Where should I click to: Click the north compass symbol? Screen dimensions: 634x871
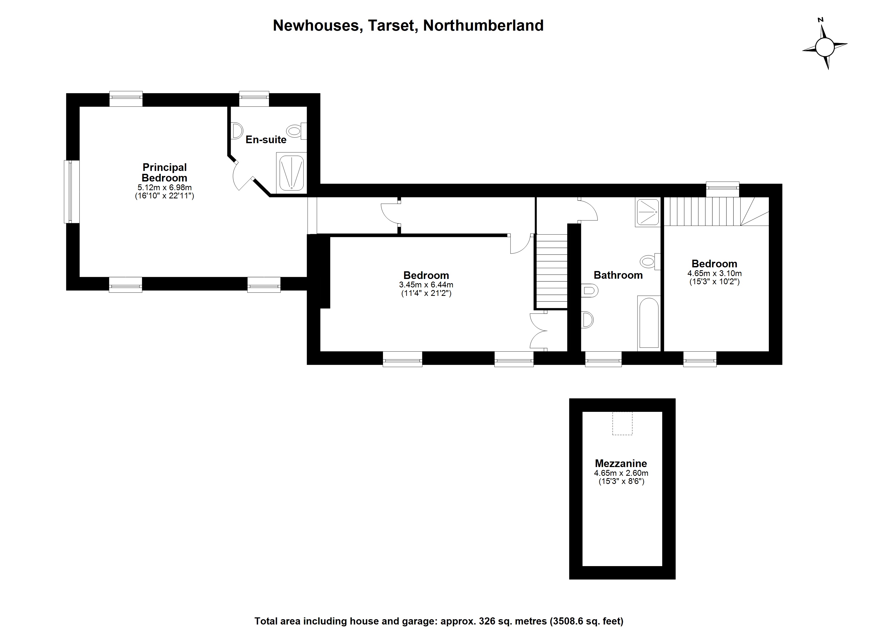click(x=825, y=48)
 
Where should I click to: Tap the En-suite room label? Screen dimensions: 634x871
click(x=266, y=139)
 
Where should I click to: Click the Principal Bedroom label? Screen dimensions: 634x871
click(x=164, y=173)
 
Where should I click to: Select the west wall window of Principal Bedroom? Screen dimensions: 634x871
click(x=72, y=192)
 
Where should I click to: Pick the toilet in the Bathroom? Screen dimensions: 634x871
click(x=649, y=262)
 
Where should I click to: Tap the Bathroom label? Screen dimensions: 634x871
click(x=618, y=275)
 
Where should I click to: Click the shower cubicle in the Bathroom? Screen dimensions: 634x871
click(x=647, y=212)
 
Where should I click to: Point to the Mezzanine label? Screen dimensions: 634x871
click(x=621, y=464)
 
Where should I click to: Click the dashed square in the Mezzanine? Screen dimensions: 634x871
click(x=622, y=423)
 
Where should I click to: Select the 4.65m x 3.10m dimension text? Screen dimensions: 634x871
click(x=714, y=274)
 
